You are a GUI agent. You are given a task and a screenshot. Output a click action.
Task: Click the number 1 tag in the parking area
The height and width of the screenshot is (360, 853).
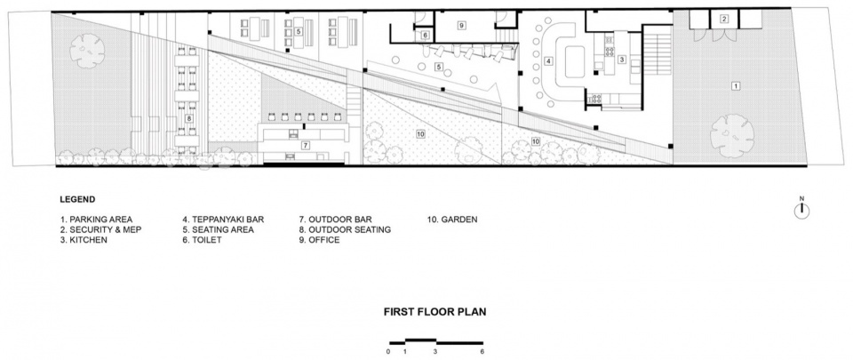(x=736, y=86)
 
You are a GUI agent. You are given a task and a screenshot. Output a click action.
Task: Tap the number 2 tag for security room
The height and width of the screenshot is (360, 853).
(x=724, y=20)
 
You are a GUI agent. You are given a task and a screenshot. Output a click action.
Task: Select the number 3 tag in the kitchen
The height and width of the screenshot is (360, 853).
(x=622, y=60)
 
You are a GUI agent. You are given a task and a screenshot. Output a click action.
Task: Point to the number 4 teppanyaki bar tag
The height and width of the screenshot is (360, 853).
(x=549, y=61)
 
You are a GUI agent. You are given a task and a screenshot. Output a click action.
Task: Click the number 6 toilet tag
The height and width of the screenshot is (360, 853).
(x=426, y=36)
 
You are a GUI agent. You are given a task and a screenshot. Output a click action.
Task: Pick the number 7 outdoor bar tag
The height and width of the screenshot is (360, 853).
(x=306, y=145)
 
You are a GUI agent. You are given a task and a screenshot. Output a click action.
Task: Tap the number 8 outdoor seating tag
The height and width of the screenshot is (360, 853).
(x=188, y=118)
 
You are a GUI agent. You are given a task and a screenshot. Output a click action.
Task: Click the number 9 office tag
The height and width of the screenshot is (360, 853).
(x=461, y=25)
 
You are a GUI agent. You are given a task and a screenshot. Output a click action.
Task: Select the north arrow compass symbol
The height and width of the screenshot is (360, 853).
(x=801, y=209)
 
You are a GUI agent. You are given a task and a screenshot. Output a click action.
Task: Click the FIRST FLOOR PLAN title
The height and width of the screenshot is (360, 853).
(x=434, y=312)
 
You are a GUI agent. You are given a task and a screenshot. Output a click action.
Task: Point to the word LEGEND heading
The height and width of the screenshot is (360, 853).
(x=77, y=200)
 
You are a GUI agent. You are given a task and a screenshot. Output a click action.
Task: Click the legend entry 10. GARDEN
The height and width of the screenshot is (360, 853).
(x=451, y=220)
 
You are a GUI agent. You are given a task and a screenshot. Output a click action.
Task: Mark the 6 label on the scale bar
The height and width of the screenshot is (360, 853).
(x=482, y=352)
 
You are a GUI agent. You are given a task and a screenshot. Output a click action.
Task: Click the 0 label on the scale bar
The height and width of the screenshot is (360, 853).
(x=389, y=352)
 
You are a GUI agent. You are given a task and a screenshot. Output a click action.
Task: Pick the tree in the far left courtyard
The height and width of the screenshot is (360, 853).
(x=87, y=51)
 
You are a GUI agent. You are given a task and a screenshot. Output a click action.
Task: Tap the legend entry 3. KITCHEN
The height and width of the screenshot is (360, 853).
(x=84, y=240)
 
